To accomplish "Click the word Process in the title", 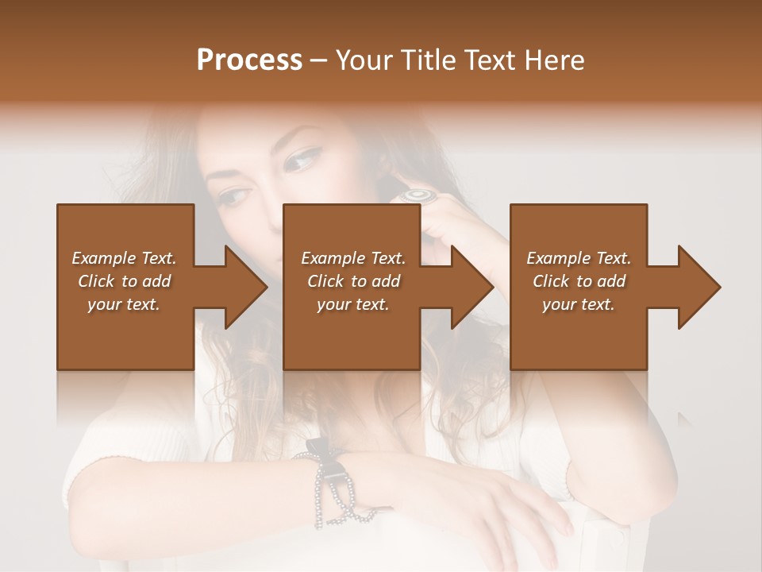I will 249,60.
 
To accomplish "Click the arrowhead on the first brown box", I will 238,287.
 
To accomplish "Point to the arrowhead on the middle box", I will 465,287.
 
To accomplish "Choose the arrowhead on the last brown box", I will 692,287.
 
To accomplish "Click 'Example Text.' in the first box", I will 124,258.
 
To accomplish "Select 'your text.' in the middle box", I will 352,304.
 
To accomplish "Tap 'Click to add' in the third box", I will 579,281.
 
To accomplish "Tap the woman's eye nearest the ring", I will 301,162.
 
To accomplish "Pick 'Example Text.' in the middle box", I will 352,258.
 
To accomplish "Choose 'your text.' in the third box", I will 579,304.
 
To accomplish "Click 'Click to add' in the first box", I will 124,281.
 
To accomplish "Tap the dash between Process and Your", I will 319,60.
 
